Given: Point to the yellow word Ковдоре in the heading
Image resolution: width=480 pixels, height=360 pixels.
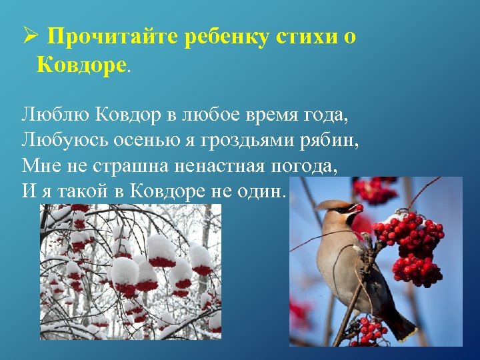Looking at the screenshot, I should (79, 65).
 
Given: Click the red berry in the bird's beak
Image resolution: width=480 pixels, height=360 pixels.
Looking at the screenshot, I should (359, 208).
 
